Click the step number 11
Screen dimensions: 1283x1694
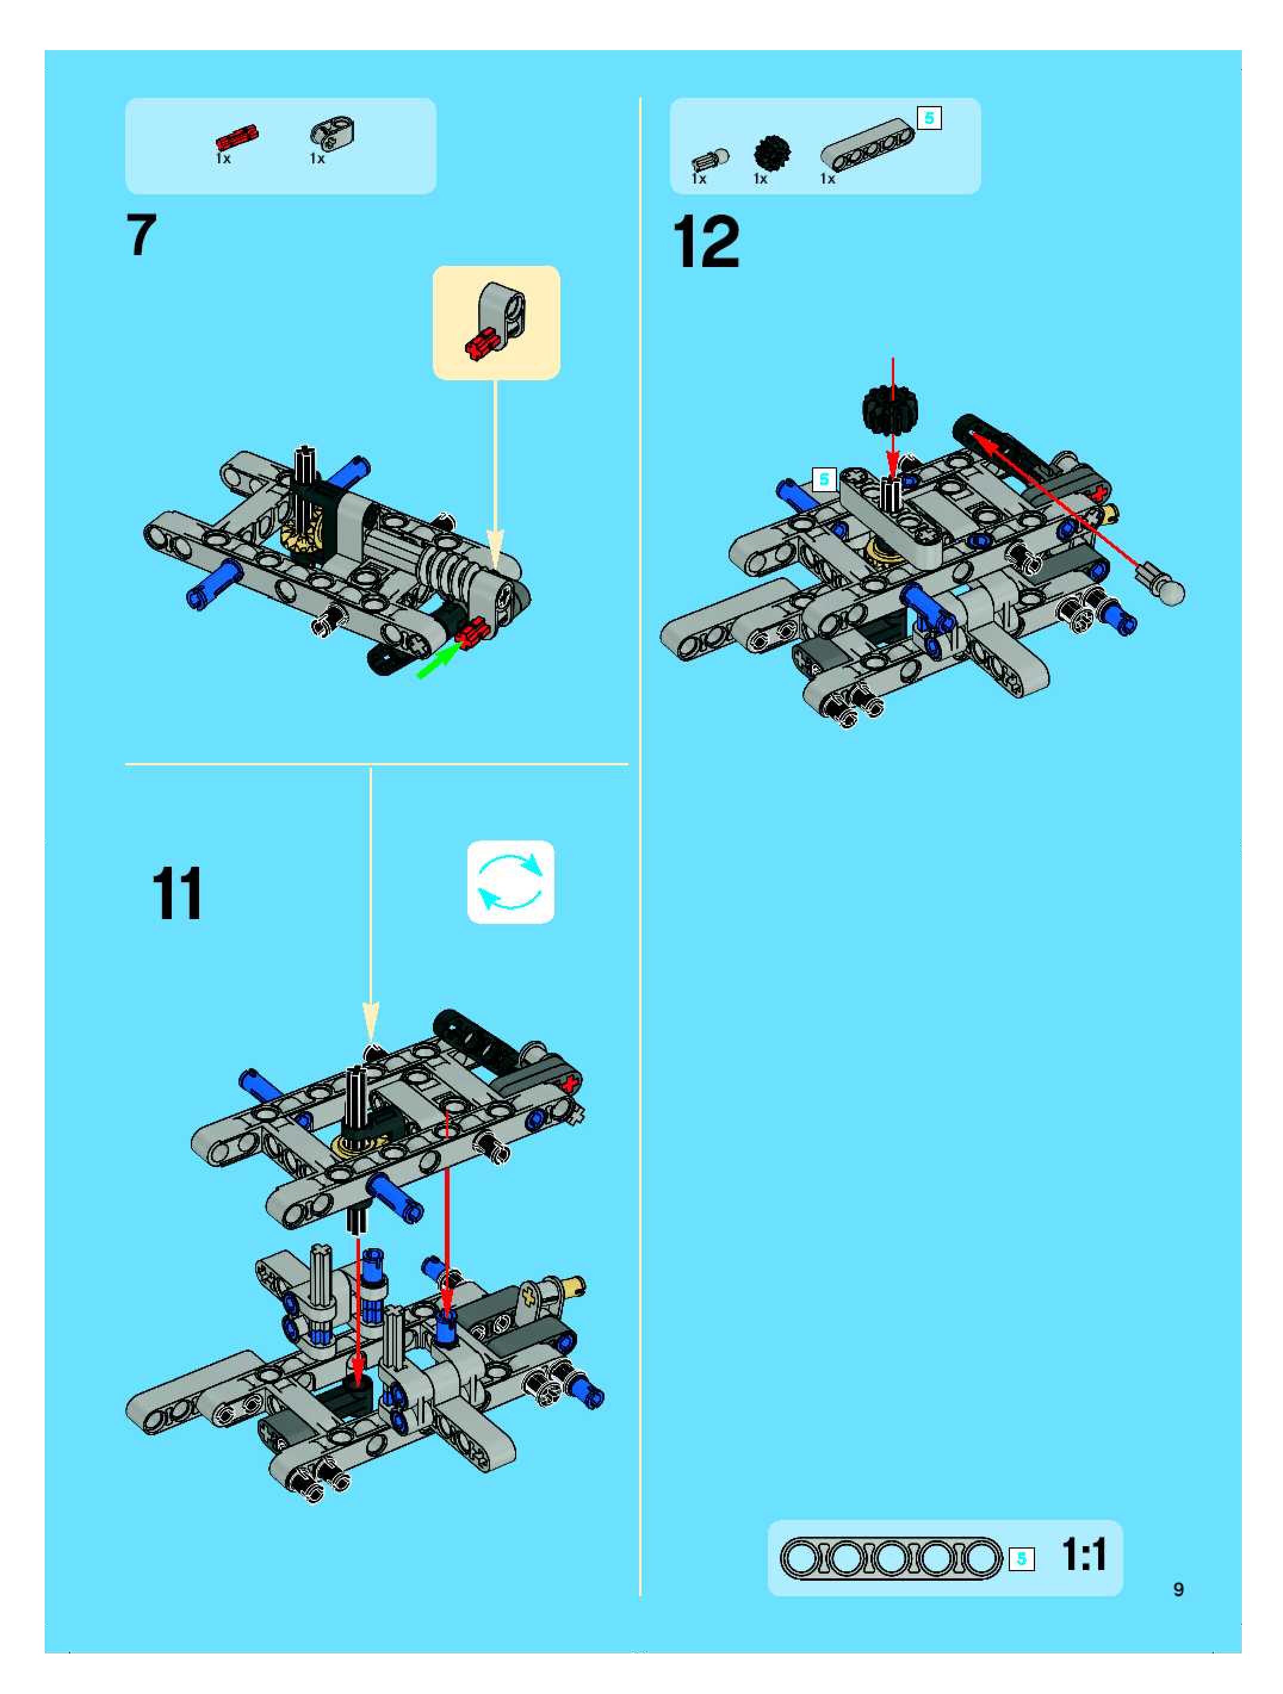click(x=177, y=893)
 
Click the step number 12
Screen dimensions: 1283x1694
click(x=706, y=242)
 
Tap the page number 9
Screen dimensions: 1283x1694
click(x=1178, y=1589)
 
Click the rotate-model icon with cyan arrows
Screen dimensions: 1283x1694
click(x=510, y=882)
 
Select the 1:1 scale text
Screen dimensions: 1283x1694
click(x=1084, y=1555)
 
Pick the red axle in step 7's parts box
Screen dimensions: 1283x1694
click(x=237, y=138)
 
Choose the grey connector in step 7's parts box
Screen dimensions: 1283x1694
click(x=333, y=134)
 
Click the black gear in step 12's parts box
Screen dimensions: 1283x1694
click(x=771, y=153)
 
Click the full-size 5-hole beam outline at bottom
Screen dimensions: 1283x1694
click(x=891, y=1558)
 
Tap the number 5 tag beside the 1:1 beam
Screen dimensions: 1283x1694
click(x=1021, y=1559)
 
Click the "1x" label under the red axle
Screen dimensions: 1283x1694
click(x=223, y=159)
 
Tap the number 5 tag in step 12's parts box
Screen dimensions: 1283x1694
click(x=929, y=119)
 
